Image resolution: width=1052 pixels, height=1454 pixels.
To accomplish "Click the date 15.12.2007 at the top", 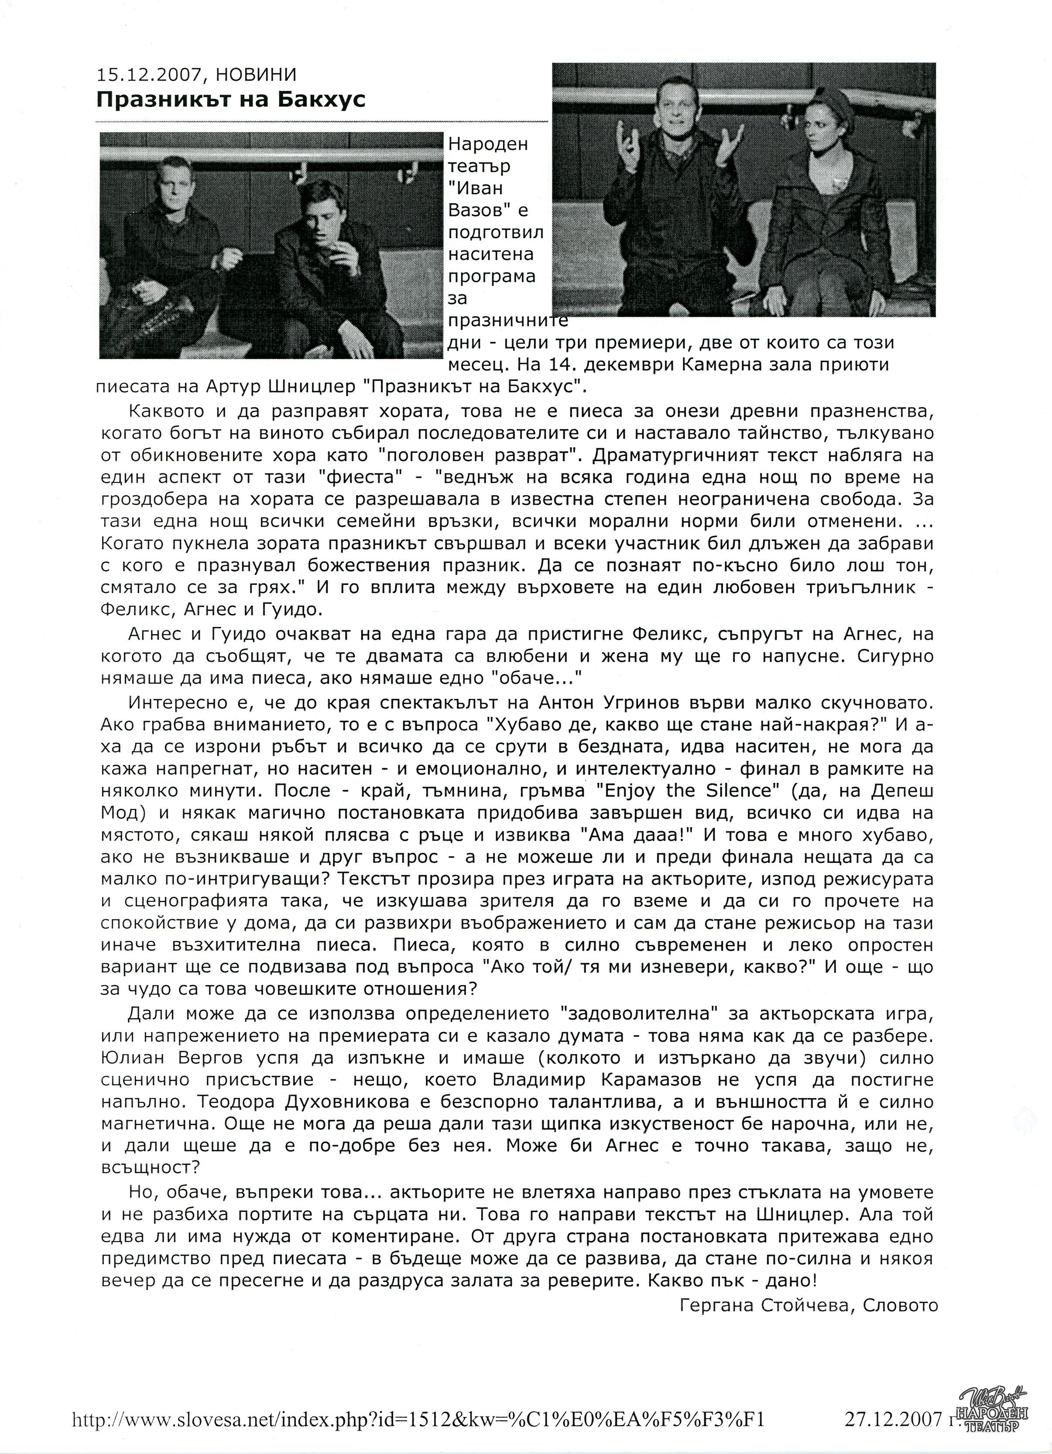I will (x=150, y=75).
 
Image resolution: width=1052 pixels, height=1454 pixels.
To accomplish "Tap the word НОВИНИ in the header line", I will (x=257, y=75).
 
